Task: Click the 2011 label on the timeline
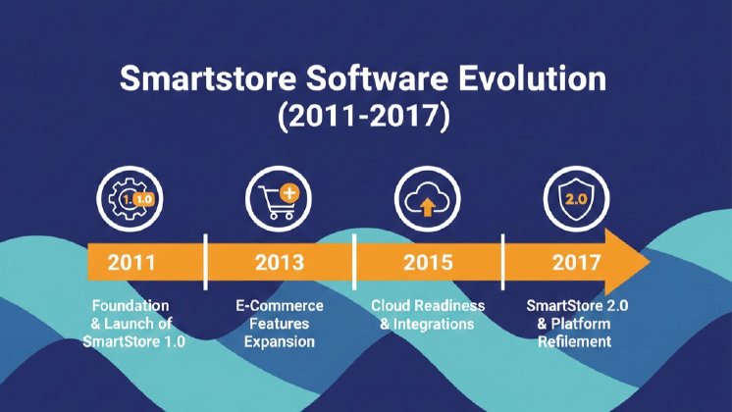pos(133,263)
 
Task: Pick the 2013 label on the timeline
pos(279,263)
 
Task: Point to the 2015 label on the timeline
pos(428,263)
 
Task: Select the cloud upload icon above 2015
pos(423,199)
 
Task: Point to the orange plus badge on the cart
pos(290,191)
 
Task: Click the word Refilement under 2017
pos(575,342)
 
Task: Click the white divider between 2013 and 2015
pos(354,263)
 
